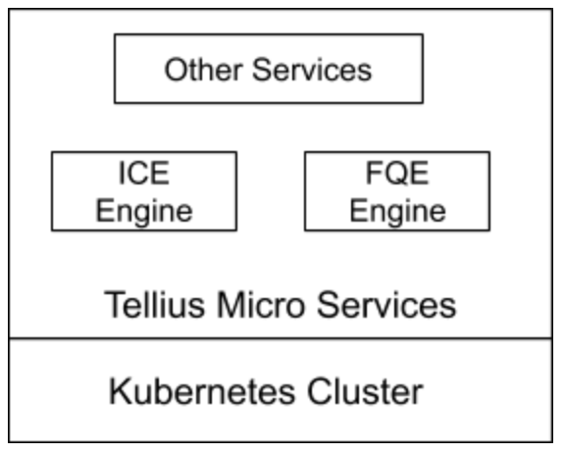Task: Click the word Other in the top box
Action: coord(203,70)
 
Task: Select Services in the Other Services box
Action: coord(312,70)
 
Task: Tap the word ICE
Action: coord(144,174)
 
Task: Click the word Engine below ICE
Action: coord(144,212)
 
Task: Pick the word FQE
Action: coord(397,174)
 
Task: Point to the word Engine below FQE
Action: coord(398,212)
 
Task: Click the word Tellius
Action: coord(155,305)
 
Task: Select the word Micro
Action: coord(261,305)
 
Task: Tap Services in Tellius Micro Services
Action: coord(386,305)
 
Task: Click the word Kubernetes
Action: coord(202,391)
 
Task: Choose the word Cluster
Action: coord(365,391)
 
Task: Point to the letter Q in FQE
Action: coord(396,174)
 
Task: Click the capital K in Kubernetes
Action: coord(120,391)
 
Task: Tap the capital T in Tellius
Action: coord(115,304)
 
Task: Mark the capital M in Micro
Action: coord(231,304)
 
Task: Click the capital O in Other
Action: coord(177,70)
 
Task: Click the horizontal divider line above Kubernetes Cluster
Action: coord(281,338)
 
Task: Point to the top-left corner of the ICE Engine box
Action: coord(52,152)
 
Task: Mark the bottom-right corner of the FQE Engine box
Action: coord(489,229)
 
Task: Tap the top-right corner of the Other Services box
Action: coord(423,34)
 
